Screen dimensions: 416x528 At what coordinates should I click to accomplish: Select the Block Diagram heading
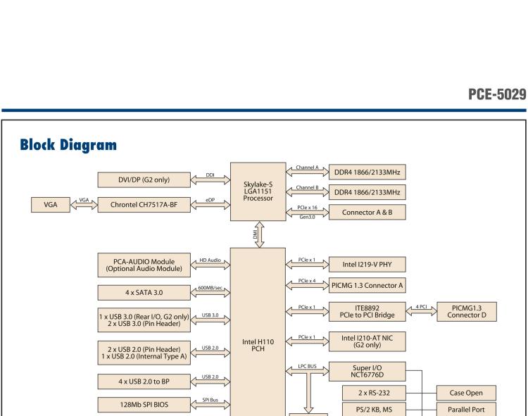click(x=69, y=146)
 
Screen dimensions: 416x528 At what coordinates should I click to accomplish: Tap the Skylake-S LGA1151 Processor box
click(x=258, y=191)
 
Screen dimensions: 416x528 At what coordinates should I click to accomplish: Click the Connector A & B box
click(x=367, y=212)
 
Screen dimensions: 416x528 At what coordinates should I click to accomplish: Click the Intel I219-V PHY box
click(x=367, y=265)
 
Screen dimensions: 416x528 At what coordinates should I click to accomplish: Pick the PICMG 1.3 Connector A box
click(x=367, y=285)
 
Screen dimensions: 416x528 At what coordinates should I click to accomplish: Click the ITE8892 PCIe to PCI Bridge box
click(x=367, y=311)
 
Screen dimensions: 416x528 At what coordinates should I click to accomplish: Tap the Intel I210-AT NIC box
click(x=367, y=341)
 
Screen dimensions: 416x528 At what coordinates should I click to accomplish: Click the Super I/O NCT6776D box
click(x=367, y=371)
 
